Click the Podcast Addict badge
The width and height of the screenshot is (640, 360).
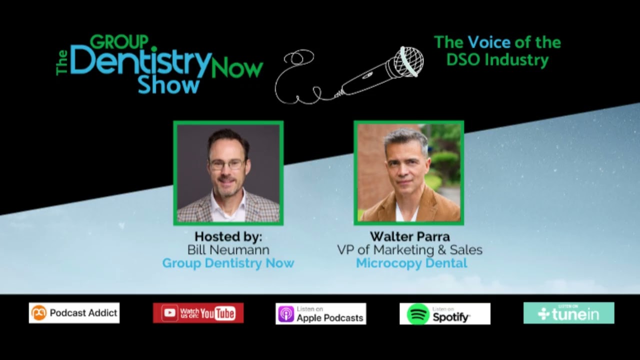[74, 313]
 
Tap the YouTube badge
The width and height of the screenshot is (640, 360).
[198, 313]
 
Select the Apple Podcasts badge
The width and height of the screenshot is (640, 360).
[320, 313]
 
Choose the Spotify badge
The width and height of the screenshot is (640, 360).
[444, 313]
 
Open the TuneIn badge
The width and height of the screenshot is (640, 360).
[568, 313]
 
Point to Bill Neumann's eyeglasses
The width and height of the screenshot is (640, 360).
[227, 164]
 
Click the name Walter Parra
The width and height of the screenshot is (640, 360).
[409, 236]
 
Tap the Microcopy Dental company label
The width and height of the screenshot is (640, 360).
[411, 263]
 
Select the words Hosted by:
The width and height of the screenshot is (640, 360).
[228, 236]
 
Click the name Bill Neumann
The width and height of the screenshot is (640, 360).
[228, 249]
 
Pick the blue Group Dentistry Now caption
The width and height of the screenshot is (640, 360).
[228, 263]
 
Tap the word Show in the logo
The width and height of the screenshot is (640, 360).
[161, 85]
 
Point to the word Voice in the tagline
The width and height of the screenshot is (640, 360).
[489, 42]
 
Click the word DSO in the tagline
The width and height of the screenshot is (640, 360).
[464, 59]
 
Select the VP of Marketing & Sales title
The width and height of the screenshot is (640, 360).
[409, 249]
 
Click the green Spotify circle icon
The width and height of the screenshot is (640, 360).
[418, 314]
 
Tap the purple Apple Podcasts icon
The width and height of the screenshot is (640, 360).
[286, 314]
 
